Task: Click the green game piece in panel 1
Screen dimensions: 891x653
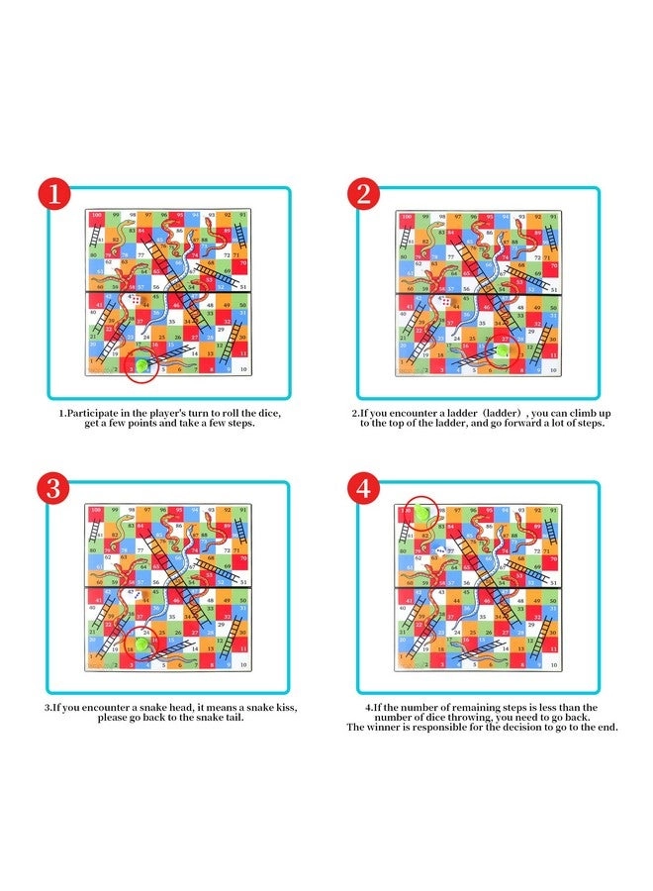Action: coord(140,365)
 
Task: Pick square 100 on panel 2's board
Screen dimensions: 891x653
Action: coord(405,216)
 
